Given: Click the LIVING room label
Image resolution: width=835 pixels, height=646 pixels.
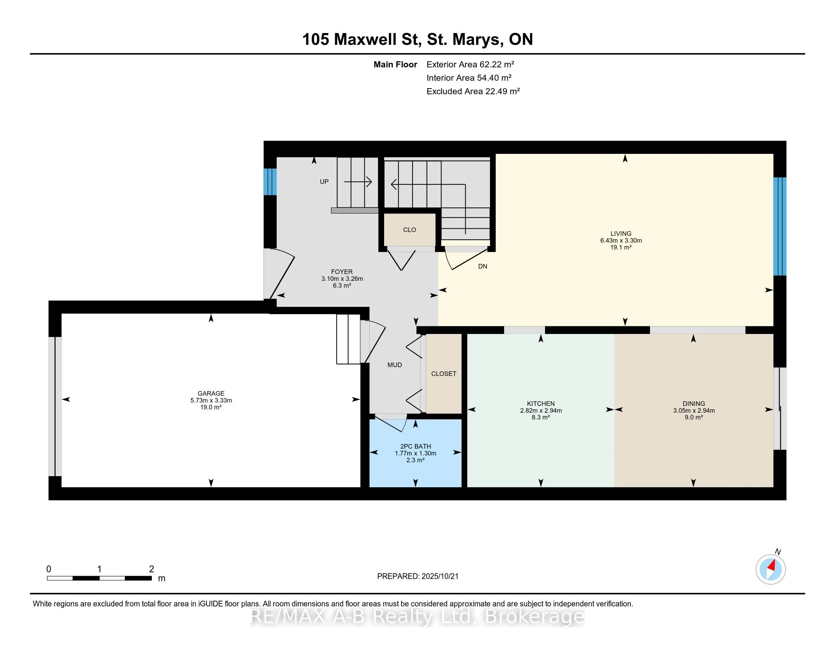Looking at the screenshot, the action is point(621,233).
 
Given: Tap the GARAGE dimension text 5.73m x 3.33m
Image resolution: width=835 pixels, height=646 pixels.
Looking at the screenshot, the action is point(211,400).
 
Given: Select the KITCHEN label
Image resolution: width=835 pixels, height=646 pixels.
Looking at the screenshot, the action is point(540,403).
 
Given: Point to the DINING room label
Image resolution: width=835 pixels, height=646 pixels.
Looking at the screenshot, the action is point(693,403).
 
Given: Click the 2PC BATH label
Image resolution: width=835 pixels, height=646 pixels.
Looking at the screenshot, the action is point(415,446).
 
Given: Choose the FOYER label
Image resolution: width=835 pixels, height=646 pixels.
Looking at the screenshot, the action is point(342,272).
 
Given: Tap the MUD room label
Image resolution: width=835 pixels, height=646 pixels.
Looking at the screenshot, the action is point(395,365).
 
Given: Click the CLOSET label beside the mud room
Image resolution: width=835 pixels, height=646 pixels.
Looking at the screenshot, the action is point(443,374).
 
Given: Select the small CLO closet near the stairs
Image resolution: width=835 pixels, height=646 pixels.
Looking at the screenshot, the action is point(410,230).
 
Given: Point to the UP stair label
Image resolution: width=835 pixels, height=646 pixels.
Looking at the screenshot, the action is point(324,181).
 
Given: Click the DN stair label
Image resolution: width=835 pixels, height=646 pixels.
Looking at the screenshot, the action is point(482,266).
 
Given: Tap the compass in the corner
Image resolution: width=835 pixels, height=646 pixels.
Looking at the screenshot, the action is point(770,569).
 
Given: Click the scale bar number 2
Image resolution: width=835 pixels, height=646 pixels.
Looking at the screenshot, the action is point(151,569).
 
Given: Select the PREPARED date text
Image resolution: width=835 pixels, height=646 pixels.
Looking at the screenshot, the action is point(417,576).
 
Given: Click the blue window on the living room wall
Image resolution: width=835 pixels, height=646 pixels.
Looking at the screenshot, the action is point(780,226).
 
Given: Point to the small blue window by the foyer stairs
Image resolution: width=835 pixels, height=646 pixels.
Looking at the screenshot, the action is point(270,181).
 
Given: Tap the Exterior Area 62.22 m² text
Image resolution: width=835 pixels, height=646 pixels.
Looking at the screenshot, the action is point(470,64).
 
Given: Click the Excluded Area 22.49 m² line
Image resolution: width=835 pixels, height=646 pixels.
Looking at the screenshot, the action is point(473,91).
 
